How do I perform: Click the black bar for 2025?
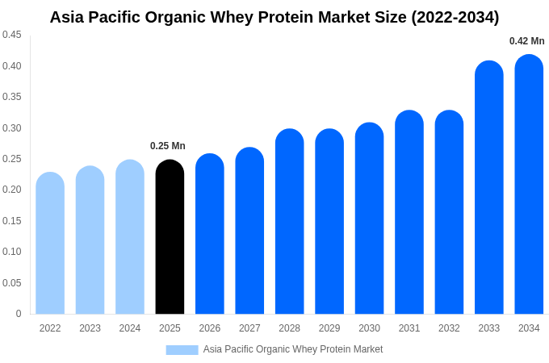tap(170, 238)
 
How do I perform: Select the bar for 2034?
tap(529, 186)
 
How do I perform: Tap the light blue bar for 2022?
tap(50, 244)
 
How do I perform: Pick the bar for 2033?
tap(489, 188)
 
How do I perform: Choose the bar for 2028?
tap(290, 222)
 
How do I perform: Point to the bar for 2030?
tap(369, 219)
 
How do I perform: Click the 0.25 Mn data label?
tap(168, 146)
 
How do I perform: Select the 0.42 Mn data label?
tap(526, 41)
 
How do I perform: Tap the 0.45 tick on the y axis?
tap(12, 35)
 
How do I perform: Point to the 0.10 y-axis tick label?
tap(12, 252)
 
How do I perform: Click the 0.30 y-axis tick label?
tap(12, 128)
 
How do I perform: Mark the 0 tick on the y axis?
tap(19, 314)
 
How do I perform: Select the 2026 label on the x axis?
tap(210, 328)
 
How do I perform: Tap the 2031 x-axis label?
tap(409, 328)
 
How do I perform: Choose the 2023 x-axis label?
tap(90, 328)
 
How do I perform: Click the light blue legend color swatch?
tap(182, 349)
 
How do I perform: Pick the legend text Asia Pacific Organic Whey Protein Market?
tap(293, 349)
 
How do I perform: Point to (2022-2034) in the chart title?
tap(455, 17)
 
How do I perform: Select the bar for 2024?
tap(130, 237)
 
